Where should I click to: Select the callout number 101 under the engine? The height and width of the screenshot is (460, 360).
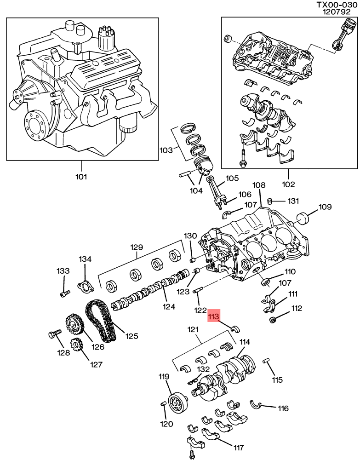coord(81,176)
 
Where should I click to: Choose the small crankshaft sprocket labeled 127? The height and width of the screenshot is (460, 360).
coord(76,346)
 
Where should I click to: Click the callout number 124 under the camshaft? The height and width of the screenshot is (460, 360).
coord(170,306)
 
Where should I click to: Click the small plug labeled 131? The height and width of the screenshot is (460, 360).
coord(270,201)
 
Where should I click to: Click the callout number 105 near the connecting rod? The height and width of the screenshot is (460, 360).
coord(230,178)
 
